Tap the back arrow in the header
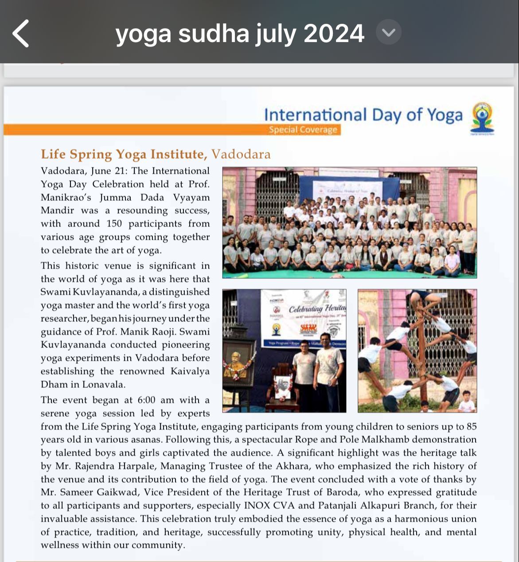(x=21, y=33)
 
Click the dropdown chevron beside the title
(x=389, y=32)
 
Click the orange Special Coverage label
(x=303, y=130)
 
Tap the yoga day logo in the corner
(x=483, y=118)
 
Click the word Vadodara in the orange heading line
(x=241, y=154)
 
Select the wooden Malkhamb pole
(x=422, y=355)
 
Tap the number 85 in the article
(x=471, y=426)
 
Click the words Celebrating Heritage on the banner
(x=317, y=309)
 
